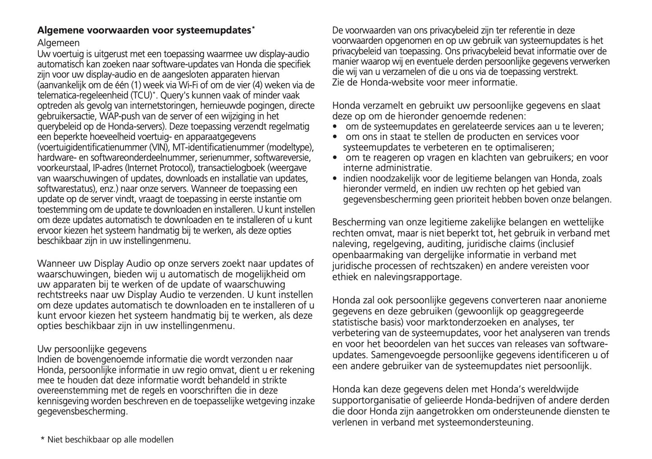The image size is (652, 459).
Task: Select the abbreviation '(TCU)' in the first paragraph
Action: [141, 96]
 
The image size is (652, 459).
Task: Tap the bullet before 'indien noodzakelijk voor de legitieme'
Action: [334, 178]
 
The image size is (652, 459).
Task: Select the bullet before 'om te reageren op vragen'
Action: [334, 157]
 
